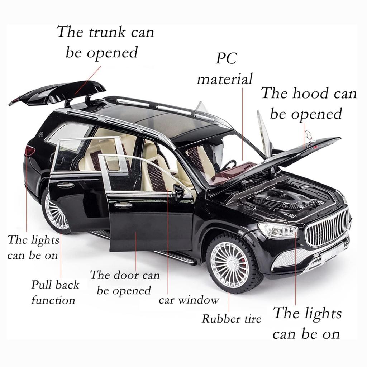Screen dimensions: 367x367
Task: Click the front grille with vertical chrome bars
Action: point(328,227)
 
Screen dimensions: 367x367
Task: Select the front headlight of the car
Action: point(278,229)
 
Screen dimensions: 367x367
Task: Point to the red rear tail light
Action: point(30,150)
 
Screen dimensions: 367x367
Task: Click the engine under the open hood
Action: point(286,201)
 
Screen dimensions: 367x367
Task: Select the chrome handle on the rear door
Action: point(66,185)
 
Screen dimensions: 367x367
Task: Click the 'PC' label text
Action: point(226,58)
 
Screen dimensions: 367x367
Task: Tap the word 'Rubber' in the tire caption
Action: point(218,319)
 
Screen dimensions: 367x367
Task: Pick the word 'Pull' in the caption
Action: point(40,285)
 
